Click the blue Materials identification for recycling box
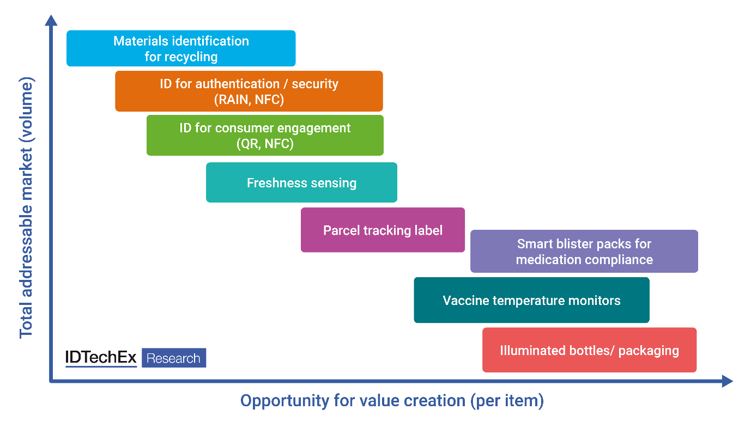181,48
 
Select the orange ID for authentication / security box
249,91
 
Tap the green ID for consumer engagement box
265,136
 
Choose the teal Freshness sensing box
301,182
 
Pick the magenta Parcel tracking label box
383,230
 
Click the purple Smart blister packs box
584,251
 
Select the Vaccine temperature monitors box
531,300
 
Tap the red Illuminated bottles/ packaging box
589,350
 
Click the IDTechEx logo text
101,358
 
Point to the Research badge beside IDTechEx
174,358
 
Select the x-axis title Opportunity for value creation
392,401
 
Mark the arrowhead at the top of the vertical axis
51,20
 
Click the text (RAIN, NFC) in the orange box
249,100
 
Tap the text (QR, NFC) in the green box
265,144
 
